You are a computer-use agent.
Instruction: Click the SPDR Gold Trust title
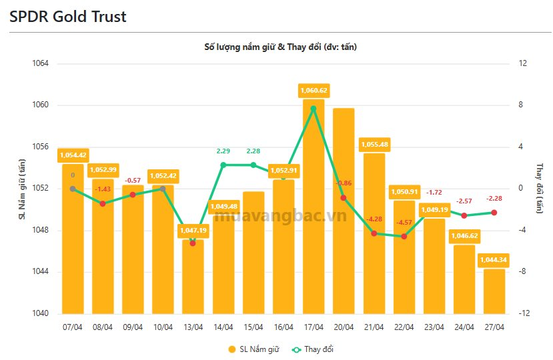pos(68,17)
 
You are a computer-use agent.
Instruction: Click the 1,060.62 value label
pos(314,91)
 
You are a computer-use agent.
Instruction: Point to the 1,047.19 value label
pos(193,231)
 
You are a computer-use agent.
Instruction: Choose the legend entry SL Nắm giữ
pos(253,349)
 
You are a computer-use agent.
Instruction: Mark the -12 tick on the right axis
pos(523,314)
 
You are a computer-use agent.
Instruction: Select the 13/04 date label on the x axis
pos(193,327)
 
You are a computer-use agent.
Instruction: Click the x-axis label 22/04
pos(404,327)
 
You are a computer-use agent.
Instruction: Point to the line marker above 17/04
pos(314,108)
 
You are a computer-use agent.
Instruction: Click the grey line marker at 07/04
pos(73,189)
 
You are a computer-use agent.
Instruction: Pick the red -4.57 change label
pos(404,222)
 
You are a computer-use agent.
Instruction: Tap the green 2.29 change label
pos(223,151)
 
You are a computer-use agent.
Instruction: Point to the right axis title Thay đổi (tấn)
pos(540,189)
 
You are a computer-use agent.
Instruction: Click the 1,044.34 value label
pos(494,259)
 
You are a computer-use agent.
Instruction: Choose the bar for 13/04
pos(193,280)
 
